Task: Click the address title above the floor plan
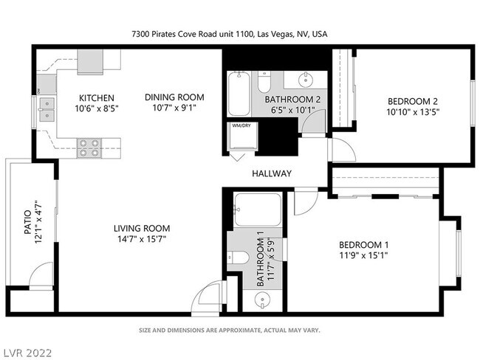pyautogui.click(x=230, y=34)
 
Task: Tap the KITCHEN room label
pyautogui.click(x=97, y=98)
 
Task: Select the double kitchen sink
pyautogui.click(x=47, y=109)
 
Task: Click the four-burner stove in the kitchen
pyautogui.click(x=89, y=148)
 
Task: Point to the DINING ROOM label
pyautogui.click(x=174, y=97)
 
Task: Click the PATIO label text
pyautogui.click(x=27, y=222)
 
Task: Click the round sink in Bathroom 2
pyautogui.click(x=306, y=79)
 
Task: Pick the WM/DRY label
pyautogui.click(x=241, y=126)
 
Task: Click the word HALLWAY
pyautogui.click(x=272, y=174)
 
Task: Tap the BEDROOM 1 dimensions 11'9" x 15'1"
pyautogui.click(x=363, y=256)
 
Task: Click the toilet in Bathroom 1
pyautogui.click(x=239, y=257)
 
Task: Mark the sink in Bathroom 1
pyautogui.click(x=264, y=299)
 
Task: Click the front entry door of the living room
pyautogui.click(x=208, y=300)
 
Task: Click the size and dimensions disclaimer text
pyautogui.click(x=230, y=330)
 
